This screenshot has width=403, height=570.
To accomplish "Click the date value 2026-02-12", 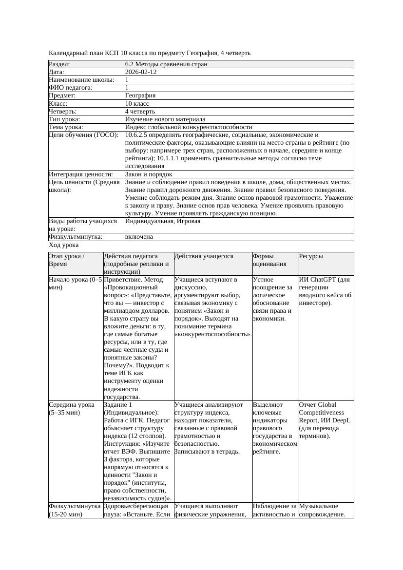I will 141,72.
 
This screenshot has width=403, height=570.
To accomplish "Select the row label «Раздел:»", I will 59,64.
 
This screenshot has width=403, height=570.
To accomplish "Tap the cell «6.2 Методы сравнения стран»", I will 166,64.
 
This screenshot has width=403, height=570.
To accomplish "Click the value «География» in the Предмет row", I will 140,96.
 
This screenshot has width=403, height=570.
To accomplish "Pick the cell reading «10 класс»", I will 137,104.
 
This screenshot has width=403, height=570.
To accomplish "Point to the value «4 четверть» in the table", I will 140,112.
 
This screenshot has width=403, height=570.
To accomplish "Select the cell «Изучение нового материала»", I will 165,119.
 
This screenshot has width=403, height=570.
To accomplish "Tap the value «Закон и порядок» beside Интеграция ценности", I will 149,174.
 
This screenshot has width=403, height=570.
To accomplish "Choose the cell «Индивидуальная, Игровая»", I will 163,221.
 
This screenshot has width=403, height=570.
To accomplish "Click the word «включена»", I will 139,237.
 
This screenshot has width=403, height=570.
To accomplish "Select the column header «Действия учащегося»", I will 204,256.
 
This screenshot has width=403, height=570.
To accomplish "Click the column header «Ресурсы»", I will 311,256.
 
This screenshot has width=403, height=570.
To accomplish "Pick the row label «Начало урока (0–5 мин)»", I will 75,284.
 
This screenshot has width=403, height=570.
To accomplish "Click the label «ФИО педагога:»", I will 71,88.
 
